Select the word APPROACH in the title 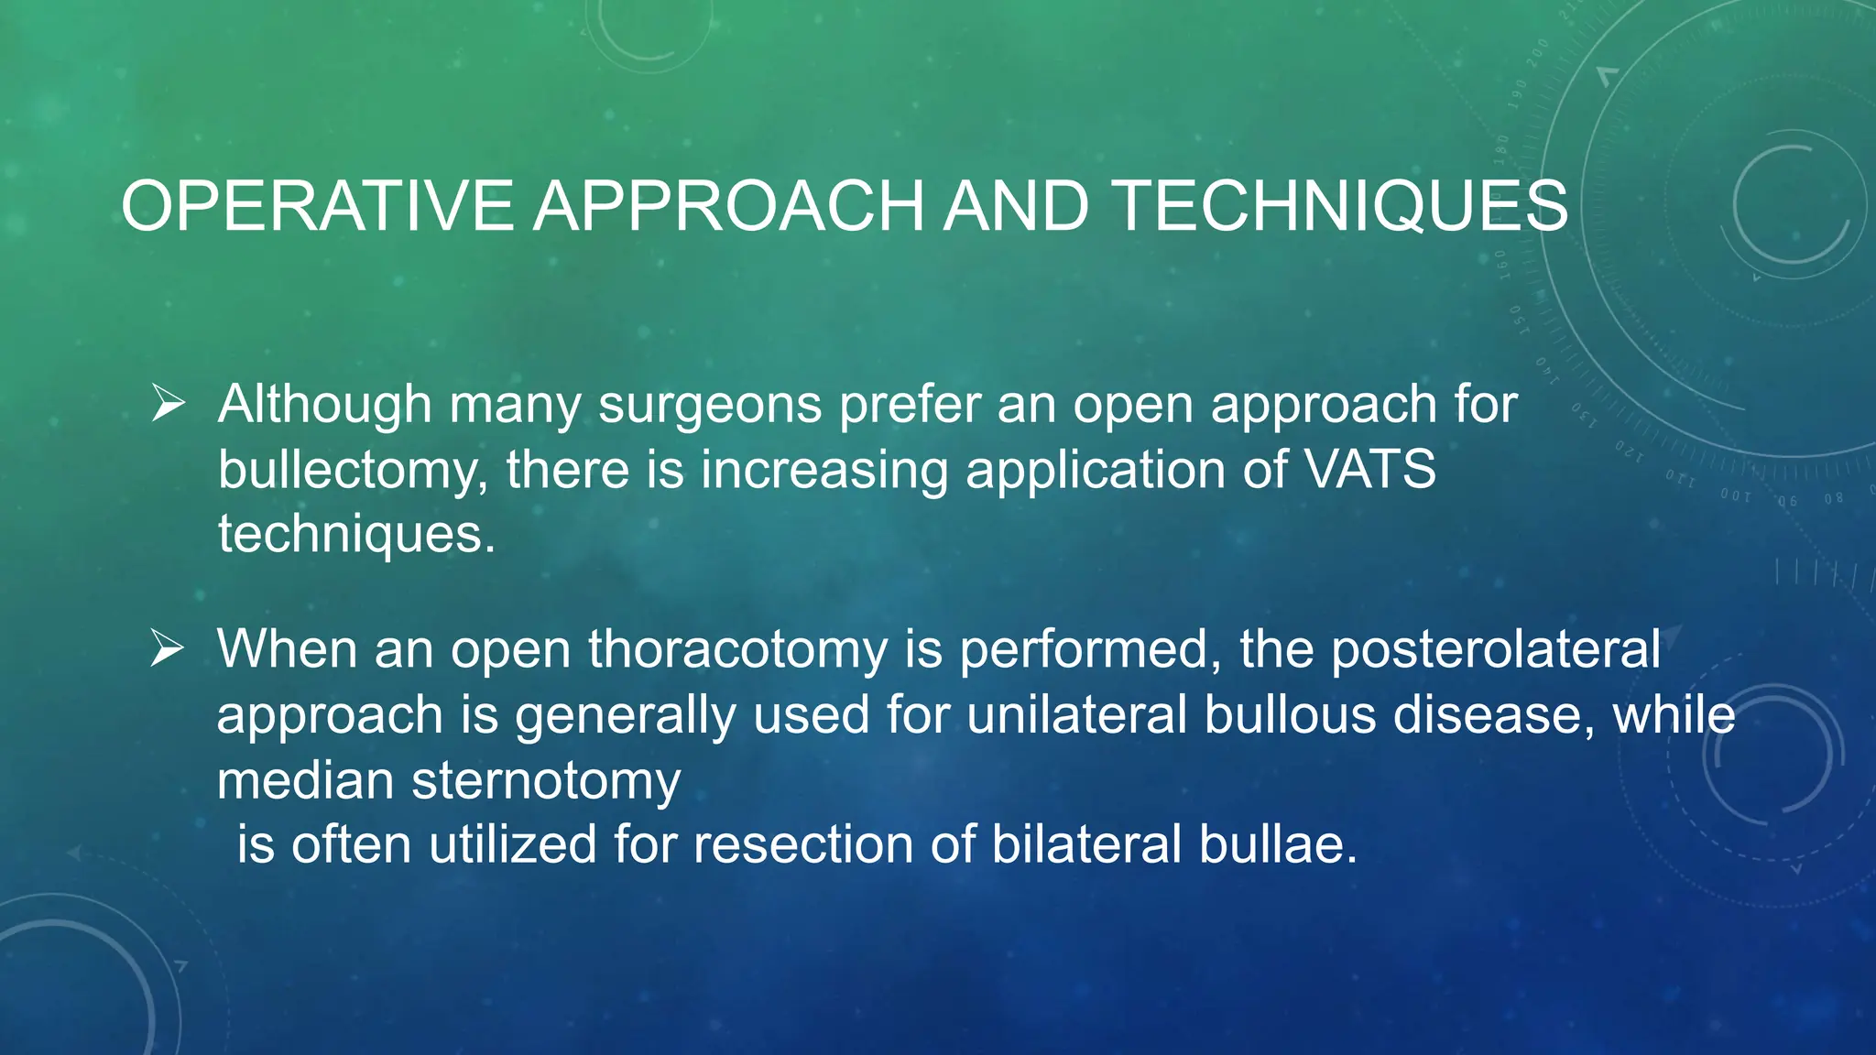729,207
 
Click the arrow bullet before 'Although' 169,403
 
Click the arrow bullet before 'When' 169,648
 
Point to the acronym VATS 1369,470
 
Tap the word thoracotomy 737,650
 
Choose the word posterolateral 1495,650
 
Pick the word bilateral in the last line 1086,844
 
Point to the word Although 324,405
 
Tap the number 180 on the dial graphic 1501,149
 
